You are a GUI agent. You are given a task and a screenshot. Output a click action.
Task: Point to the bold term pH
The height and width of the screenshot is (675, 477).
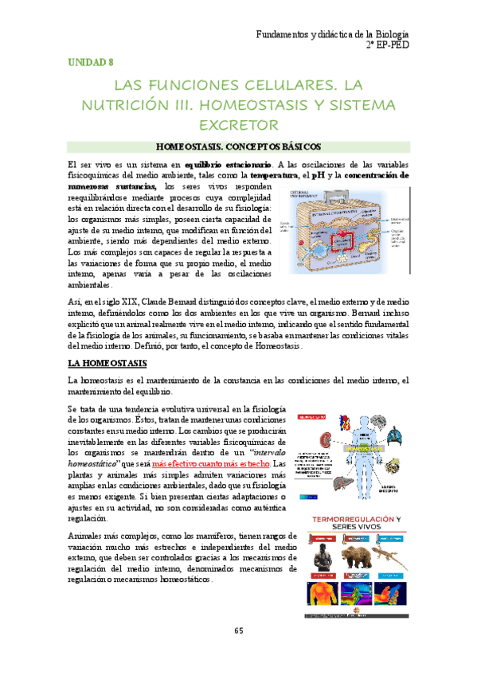(316, 174)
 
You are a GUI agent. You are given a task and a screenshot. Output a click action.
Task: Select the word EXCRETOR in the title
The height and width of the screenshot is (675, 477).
(238, 125)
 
